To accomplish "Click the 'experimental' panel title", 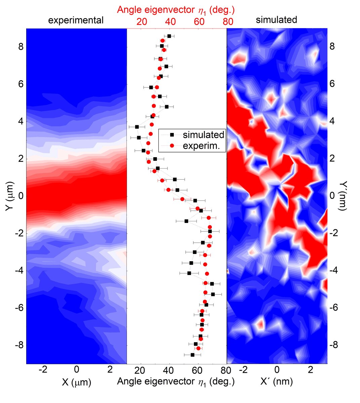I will pos(76,20).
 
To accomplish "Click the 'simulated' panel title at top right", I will pos(276,20).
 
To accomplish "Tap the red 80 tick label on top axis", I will pos(228,21).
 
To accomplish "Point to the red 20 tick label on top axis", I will pos(142,21).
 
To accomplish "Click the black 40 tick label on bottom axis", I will pos(169,370).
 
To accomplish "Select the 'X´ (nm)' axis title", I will pos(277,382).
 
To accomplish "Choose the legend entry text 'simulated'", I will pos(203,135).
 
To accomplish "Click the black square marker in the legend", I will pos(172,135).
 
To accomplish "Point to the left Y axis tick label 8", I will pos(21,47).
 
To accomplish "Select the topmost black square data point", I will pos(169,36).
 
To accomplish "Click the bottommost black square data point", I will pos(193,355).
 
